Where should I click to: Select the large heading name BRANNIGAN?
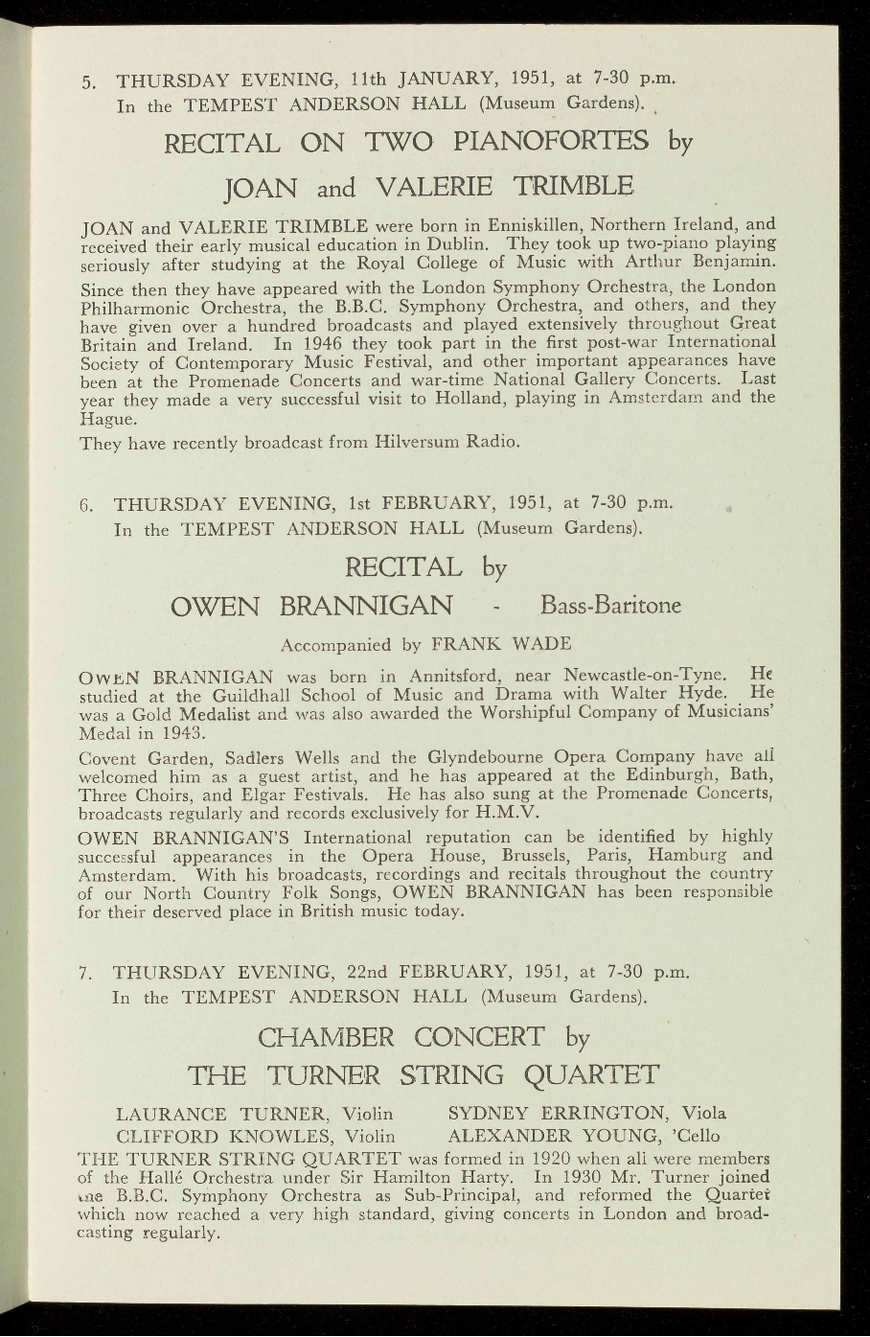(x=367, y=607)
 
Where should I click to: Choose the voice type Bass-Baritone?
(x=610, y=607)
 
